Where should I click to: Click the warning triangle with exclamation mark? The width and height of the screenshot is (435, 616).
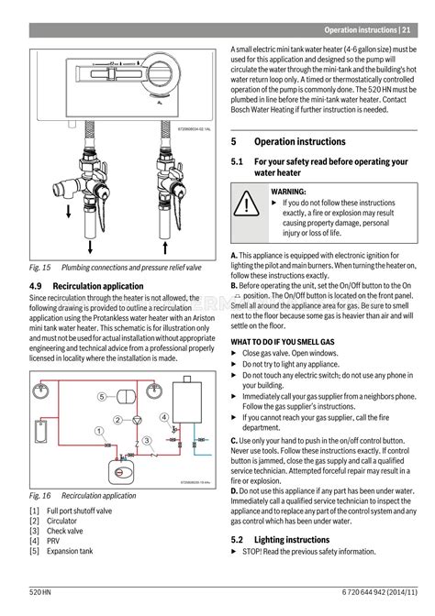[247, 204]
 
